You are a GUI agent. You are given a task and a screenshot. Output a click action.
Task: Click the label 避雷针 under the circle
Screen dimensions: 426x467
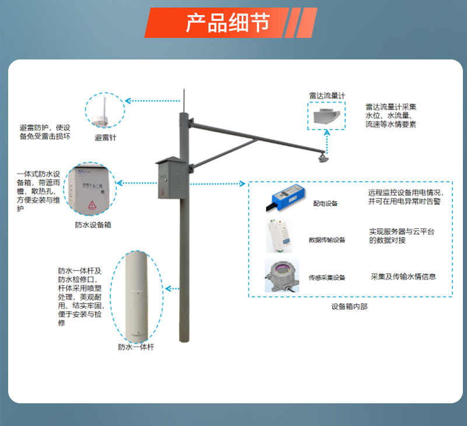[x=106, y=138]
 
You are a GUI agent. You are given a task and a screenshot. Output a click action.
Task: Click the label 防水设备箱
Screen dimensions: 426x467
[x=93, y=224]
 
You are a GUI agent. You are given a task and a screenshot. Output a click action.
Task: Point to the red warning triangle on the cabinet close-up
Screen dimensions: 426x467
[x=92, y=205]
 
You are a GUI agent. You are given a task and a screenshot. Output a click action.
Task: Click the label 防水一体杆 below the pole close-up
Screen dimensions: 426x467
[x=135, y=347]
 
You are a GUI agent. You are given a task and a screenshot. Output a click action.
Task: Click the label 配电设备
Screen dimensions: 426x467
[x=326, y=203]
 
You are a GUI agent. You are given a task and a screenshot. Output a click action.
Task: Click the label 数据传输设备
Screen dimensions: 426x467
[x=327, y=240]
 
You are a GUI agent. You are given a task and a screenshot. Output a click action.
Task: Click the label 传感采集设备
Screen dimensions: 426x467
[x=327, y=278]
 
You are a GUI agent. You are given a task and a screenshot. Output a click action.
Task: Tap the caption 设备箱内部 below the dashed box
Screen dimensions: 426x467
[x=349, y=306]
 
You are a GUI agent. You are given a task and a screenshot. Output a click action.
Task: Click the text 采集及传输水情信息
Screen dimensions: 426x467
[x=403, y=276]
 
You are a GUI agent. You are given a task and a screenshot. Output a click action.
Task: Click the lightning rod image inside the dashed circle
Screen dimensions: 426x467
[x=106, y=113]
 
